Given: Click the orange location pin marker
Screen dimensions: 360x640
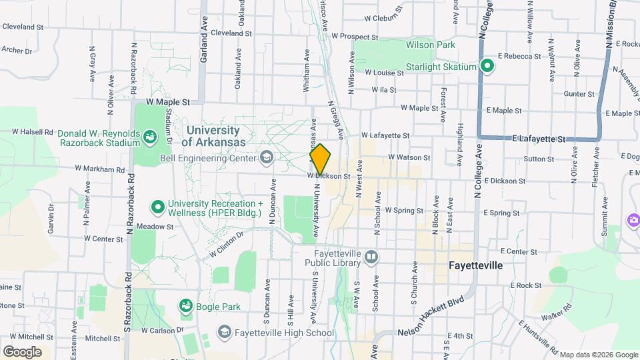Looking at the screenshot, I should (x=320, y=159).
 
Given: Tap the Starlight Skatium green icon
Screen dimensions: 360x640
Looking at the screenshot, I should (x=487, y=67).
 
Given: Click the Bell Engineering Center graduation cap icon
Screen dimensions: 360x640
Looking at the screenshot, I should (x=267, y=158).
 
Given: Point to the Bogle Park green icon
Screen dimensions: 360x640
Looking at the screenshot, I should (x=186, y=306).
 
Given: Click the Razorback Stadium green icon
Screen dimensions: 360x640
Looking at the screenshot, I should (x=150, y=137).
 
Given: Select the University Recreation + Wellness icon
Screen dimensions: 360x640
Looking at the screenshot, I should (x=158, y=207).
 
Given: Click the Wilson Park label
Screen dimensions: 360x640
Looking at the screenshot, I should (x=431, y=45).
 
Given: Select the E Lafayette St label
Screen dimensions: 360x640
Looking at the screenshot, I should (x=539, y=139).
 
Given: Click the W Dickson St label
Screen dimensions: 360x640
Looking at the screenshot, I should (x=329, y=177).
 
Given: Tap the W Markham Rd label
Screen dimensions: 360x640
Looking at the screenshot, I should (x=100, y=169).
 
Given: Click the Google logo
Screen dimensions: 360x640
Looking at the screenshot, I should (x=21, y=351).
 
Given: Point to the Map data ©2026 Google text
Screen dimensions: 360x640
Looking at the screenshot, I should (x=598, y=354).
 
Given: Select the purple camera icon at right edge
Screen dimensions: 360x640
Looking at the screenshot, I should (x=633, y=220).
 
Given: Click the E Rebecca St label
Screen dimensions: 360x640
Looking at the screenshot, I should (x=519, y=57).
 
